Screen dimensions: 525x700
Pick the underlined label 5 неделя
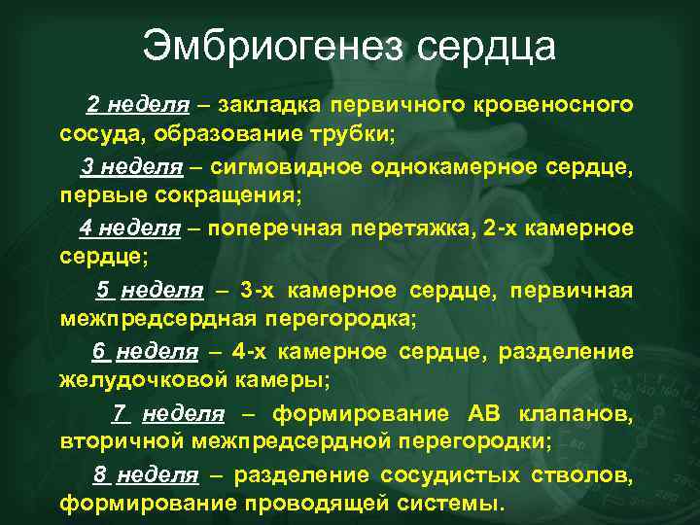(x=150, y=291)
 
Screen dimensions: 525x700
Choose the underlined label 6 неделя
(x=145, y=352)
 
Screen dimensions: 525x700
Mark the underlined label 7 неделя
(x=168, y=414)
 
